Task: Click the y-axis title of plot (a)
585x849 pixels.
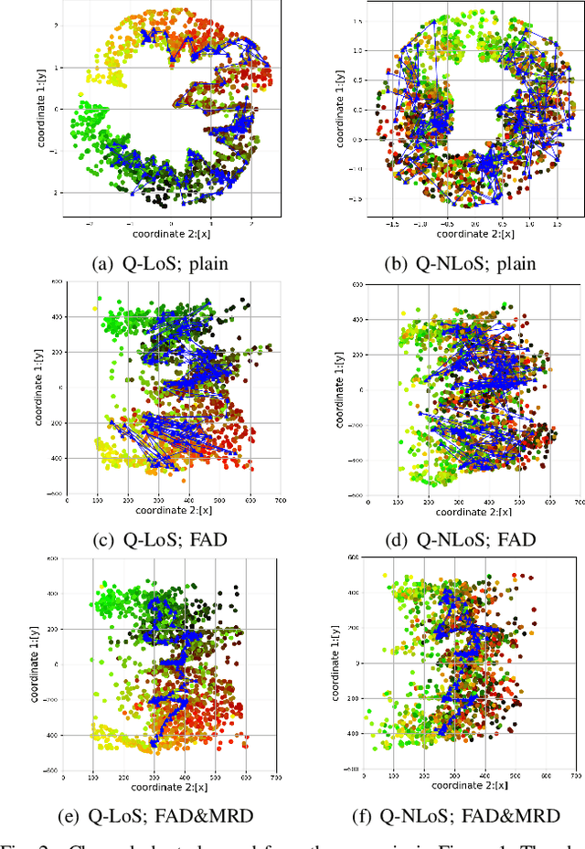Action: [x=43, y=115]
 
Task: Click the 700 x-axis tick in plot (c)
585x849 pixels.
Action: [x=280, y=501]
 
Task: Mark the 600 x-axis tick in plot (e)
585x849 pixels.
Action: [x=246, y=777]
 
